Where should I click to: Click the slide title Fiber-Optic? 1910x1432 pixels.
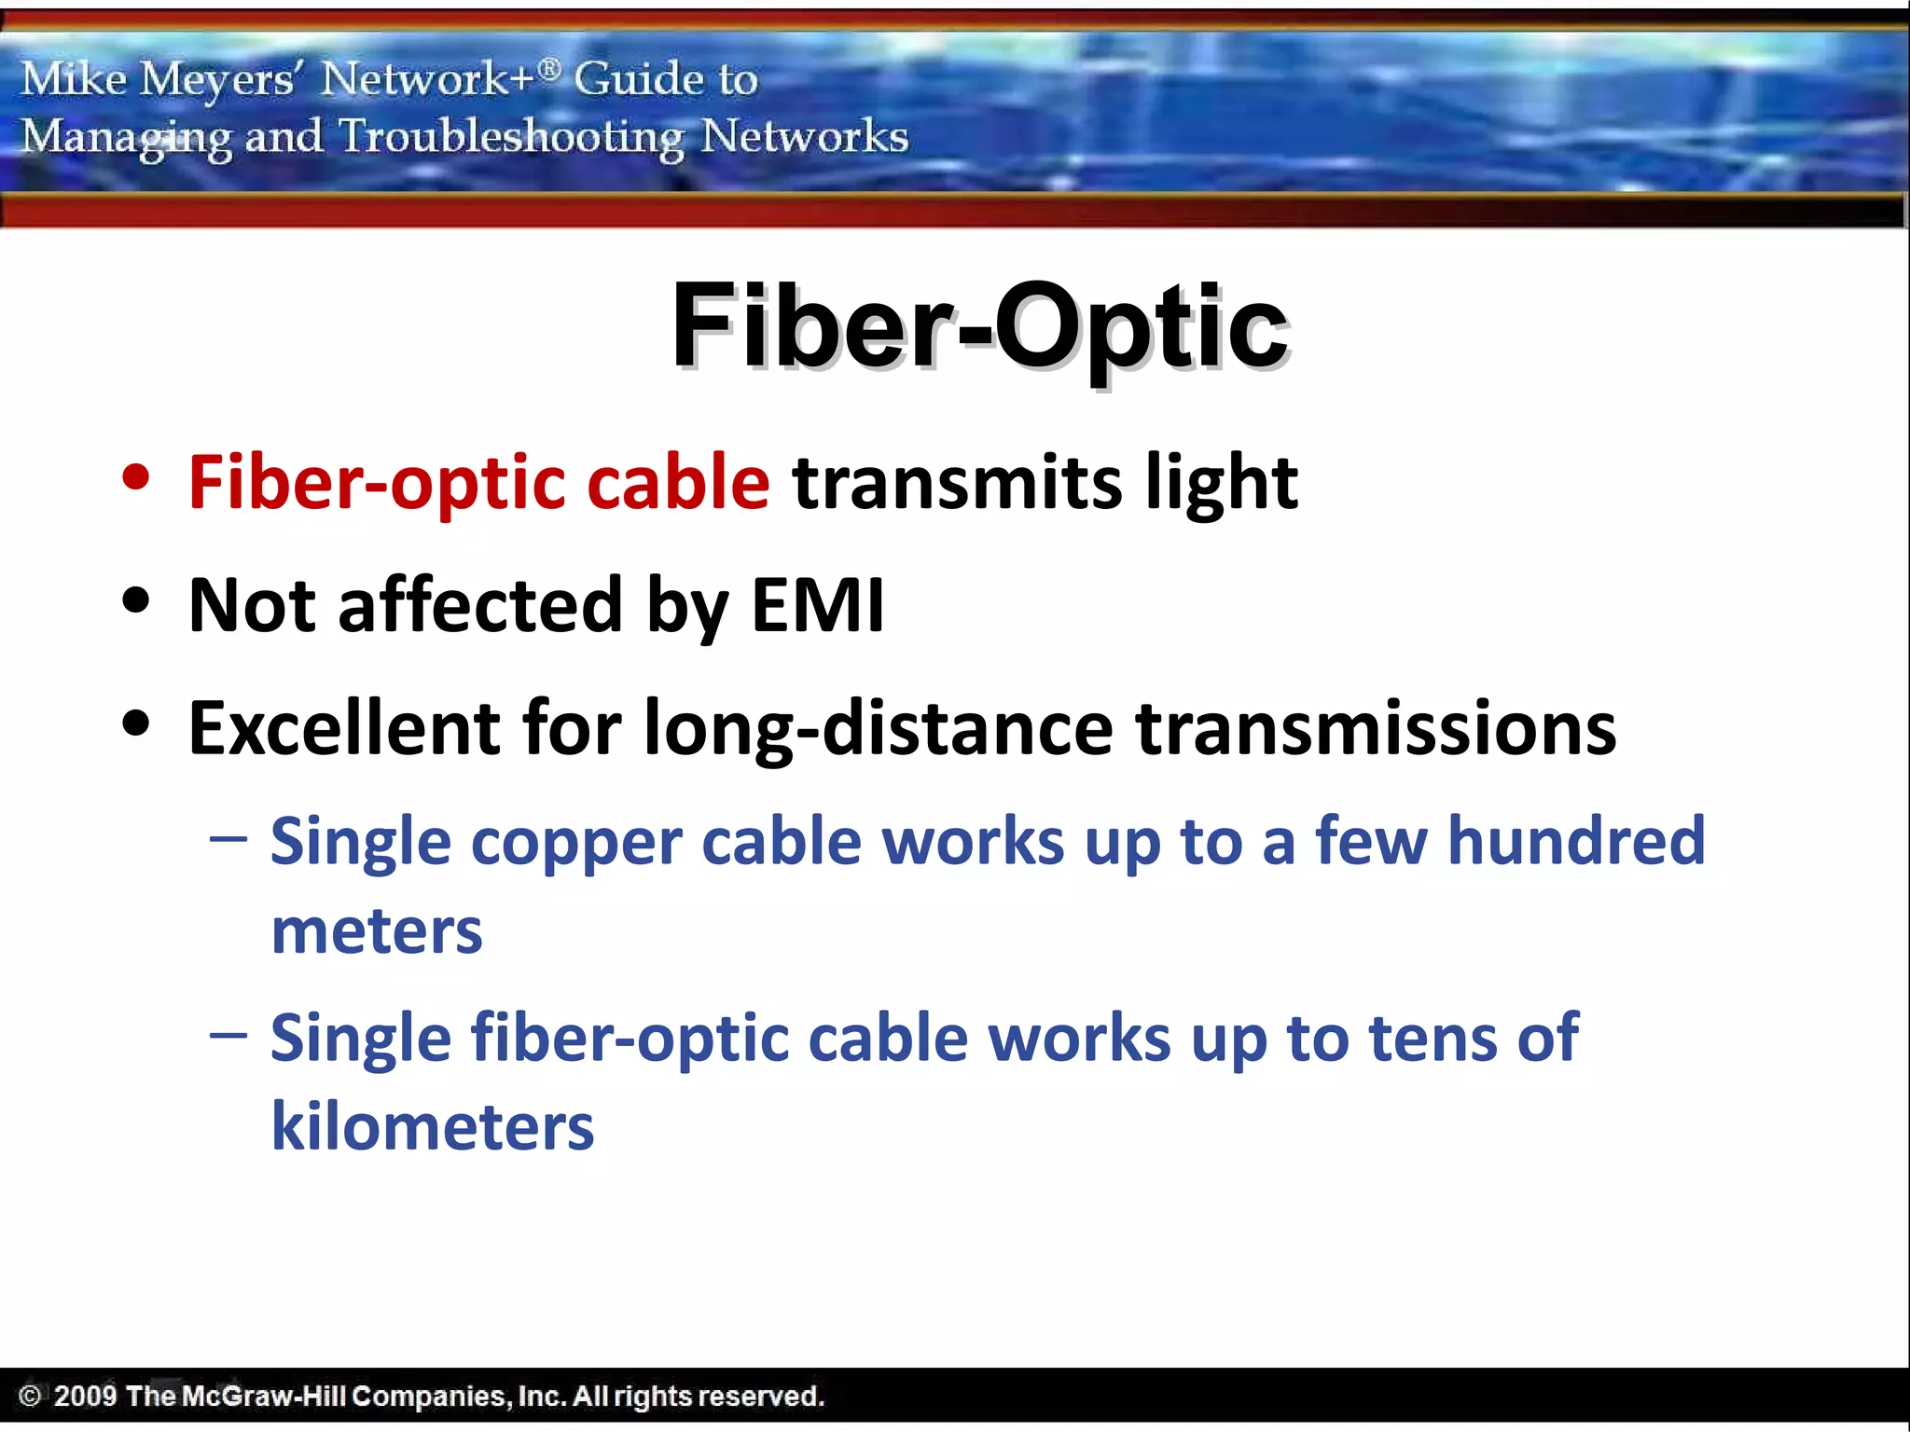(979, 326)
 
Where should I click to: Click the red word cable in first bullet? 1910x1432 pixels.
(678, 482)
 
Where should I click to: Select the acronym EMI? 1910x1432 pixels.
(817, 605)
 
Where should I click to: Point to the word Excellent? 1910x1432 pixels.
(344, 728)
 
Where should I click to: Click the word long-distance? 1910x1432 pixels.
(878, 728)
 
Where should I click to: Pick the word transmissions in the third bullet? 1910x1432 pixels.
(1376, 728)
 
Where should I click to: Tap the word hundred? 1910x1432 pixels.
(1575, 842)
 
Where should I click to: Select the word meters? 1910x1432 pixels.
(377, 931)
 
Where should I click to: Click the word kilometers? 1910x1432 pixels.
(432, 1127)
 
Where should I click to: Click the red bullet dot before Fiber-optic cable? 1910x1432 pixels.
(136, 477)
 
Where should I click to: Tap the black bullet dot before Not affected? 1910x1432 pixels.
(136, 600)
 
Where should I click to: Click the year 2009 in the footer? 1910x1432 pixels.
(85, 1396)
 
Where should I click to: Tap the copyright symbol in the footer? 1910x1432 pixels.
(30, 1396)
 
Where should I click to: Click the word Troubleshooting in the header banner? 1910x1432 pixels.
(511, 138)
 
